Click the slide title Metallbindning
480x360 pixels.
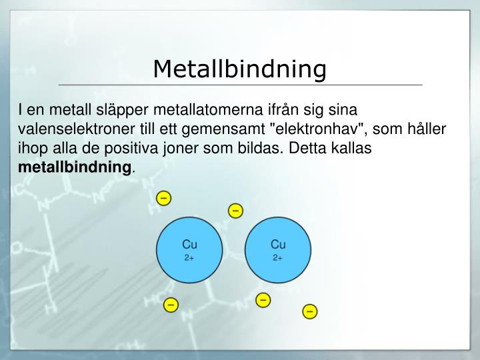pos(240,69)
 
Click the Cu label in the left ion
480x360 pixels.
pos(189,245)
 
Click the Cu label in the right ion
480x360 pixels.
pos(278,245)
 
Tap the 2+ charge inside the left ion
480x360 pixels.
pos(189,257)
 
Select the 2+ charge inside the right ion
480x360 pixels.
pos(278,257)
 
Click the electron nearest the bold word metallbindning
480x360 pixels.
pos(163,198)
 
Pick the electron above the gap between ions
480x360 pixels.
pos(235,211)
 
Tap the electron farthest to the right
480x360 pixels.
pos(310,311)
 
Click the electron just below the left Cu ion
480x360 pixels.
pos(171,305)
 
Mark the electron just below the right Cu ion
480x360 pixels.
pos(263,300)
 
